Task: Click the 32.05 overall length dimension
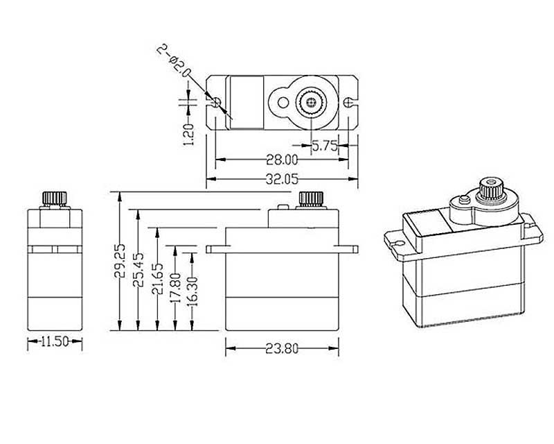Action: tap(282, 179)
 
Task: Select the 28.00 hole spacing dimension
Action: tap(282, 160)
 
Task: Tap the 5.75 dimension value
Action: tap(324, 146)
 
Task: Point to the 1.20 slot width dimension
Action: tap(188, 134)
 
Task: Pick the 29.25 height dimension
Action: tap(119, 260)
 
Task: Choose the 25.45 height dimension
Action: tap(138, 269)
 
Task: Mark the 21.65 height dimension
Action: tap(157, 279)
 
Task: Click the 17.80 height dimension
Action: tap(175, 287)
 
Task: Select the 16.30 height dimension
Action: tap(193, 291)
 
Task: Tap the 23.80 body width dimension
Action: tap(282, 349)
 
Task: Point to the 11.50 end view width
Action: tap(55, 342)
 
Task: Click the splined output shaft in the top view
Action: tap(311, 103)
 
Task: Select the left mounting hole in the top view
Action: tap(216, 103)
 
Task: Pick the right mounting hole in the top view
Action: tap(349, 102)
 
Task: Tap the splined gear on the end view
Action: tap(55, 198)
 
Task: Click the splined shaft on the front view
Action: tap(311, 198)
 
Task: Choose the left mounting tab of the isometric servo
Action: tap(396, 244)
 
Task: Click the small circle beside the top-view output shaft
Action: tap(283, 103)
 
